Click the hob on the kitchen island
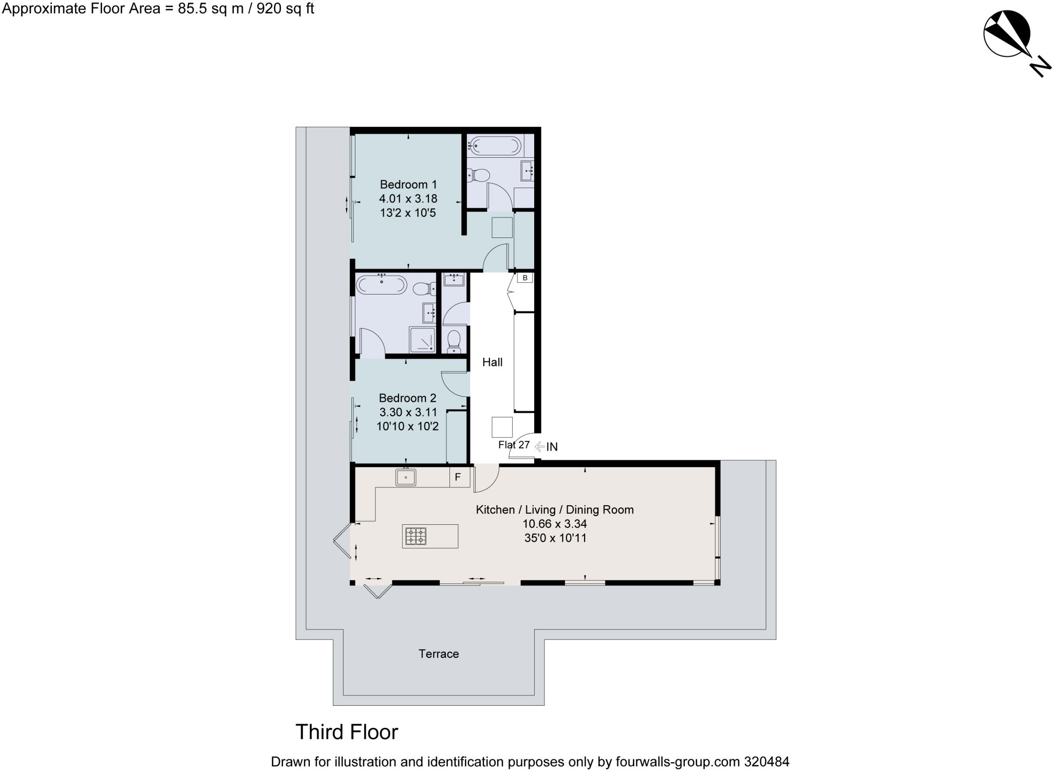(416, 536)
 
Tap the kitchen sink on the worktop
(405, 478)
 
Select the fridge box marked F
(458, 477)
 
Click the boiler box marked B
(524, 278)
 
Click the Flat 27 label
(513, 445)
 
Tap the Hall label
(492, 362)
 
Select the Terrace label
(438, 654)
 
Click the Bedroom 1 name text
(408, 185)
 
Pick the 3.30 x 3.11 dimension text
(408, 412)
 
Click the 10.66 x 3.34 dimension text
(554, 524)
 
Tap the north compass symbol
(1007, 34)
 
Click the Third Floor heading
(347, 732)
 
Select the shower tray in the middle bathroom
(422, 340)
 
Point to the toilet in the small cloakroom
(454, 341)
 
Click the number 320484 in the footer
(766, 762)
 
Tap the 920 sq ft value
(285, 9)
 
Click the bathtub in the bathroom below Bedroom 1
(381, 285)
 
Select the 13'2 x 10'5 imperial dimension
(408, 213)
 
